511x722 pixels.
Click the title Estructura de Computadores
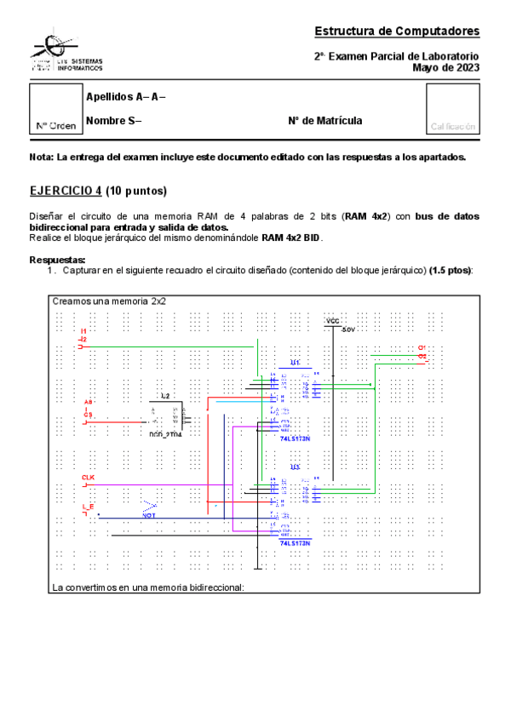[397, 32]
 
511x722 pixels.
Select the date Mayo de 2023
[446, 67]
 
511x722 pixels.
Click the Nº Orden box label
[56, 126]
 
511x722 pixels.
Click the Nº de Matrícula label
[325, 121]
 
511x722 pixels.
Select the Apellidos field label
[125, 97]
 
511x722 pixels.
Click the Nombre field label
[113, 121]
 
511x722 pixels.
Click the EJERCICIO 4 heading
[98, 190]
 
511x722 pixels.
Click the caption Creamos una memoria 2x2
[109, 301]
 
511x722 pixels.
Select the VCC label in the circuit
[332, 321]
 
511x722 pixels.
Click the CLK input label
[88, 478]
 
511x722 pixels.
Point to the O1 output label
[422, 348]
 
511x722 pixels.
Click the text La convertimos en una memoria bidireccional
[148, 587]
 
